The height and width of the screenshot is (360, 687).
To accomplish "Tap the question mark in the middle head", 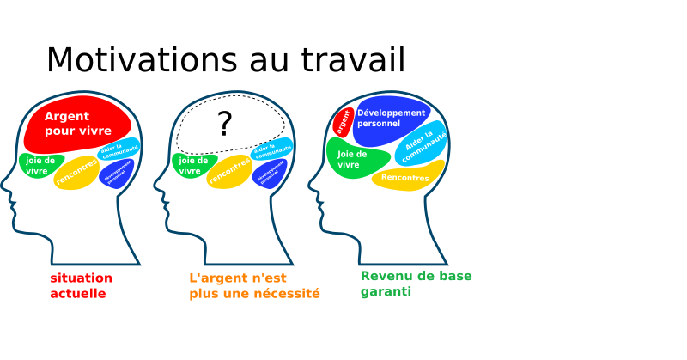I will [225, 125].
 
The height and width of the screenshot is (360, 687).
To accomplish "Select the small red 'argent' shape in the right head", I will [343, 122].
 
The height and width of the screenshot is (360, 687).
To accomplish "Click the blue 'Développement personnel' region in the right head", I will [390, 119].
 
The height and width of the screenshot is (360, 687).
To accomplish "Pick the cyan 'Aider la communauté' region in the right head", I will [423, 144].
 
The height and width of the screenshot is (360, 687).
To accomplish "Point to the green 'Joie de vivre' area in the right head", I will [354, 159].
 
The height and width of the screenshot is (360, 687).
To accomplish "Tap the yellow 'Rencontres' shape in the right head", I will [406, 177].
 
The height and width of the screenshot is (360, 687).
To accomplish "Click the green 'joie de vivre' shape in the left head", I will [40, 164].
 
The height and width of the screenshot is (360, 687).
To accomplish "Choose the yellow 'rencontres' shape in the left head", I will [77, 172].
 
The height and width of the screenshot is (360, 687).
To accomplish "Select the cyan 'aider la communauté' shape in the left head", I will [119, 149].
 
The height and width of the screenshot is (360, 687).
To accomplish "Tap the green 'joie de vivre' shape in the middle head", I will [192, 164].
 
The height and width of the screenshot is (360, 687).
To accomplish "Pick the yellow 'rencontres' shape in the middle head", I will [230, 172].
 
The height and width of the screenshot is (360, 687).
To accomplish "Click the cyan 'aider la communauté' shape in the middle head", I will [271, 149].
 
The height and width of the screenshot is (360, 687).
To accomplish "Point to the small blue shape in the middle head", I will [269, 174].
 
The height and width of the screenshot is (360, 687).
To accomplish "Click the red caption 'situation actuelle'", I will [81, 285].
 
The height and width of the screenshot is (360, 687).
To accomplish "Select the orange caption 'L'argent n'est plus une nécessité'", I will [254, 285].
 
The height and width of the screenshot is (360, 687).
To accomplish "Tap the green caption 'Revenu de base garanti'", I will [416, 284].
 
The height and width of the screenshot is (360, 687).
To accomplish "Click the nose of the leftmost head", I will [7, 183].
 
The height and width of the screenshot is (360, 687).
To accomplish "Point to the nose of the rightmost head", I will [313, 183].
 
